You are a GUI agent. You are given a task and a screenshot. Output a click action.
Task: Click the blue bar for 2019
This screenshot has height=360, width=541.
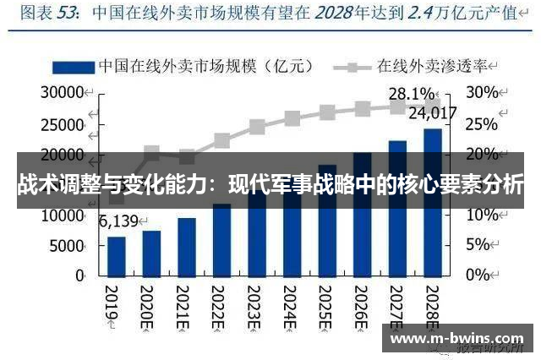[x=117, y=255]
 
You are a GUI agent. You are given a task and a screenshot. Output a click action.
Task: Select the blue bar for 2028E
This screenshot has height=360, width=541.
[x=432, y=203]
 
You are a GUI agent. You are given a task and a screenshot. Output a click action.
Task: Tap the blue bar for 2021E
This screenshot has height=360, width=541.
[x=187, y=246]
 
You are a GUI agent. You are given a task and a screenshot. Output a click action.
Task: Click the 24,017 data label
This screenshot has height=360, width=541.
[x=432, y=112]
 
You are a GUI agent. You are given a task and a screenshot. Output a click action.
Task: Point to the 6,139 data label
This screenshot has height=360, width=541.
[x=117, y=222]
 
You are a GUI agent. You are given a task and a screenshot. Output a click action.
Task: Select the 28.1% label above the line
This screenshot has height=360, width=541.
[x=411, y=93]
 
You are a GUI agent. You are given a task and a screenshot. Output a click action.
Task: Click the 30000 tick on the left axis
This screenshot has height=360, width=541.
[x=63, y=91]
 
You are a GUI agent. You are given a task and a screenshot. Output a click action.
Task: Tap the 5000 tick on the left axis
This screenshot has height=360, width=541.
[x=68, y=245]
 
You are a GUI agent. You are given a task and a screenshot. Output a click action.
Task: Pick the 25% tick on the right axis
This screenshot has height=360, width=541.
[x=481, y=124]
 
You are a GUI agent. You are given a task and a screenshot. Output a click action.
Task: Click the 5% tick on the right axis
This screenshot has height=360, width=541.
[x=478, y=245]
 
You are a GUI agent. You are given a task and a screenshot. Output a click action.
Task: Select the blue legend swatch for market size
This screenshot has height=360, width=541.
[x=74, y=65]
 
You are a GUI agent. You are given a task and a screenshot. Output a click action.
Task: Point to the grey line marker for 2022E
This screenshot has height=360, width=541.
[x=221, y=140]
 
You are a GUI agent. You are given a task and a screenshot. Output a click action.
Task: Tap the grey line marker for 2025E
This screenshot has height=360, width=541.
[x=327, y=112]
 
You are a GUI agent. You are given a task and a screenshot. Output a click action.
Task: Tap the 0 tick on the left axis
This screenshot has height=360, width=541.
[x=79, y=275]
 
